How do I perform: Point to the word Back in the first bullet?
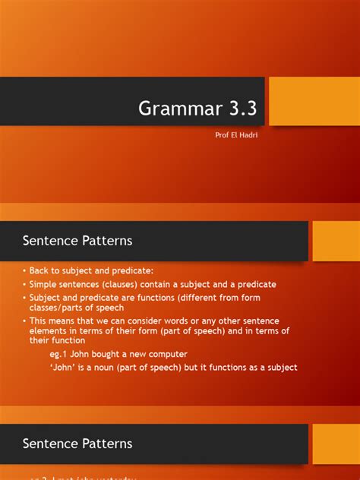(41, 271)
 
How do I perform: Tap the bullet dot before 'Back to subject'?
(24, 271)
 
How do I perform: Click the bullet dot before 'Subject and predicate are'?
(24, 297)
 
